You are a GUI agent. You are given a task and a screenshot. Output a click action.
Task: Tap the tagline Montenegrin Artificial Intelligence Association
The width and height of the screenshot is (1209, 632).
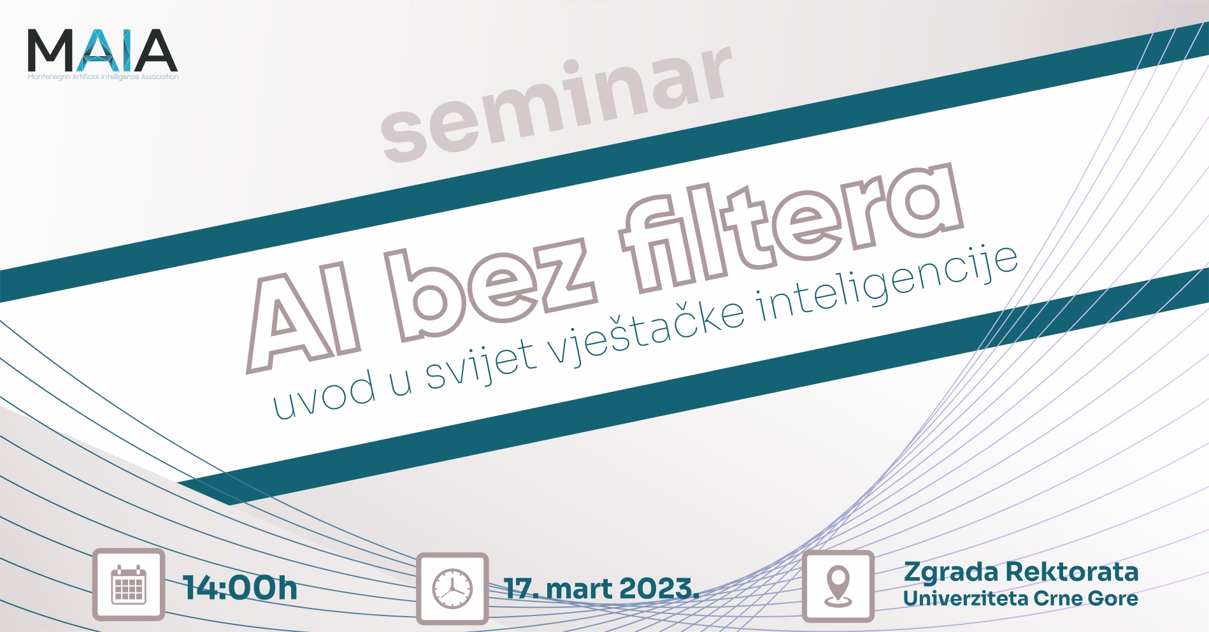pos(103,77)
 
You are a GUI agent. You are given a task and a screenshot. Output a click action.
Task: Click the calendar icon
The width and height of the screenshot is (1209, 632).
pos(129,585)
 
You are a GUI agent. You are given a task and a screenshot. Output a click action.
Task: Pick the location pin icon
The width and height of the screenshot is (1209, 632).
pos(838,586)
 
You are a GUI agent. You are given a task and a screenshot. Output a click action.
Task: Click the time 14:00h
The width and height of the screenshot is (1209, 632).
pos(240,587)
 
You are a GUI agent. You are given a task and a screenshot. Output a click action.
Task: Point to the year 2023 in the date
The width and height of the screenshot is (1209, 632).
pos(659,589)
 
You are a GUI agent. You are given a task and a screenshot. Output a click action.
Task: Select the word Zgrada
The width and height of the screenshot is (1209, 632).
pos(951,573)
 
